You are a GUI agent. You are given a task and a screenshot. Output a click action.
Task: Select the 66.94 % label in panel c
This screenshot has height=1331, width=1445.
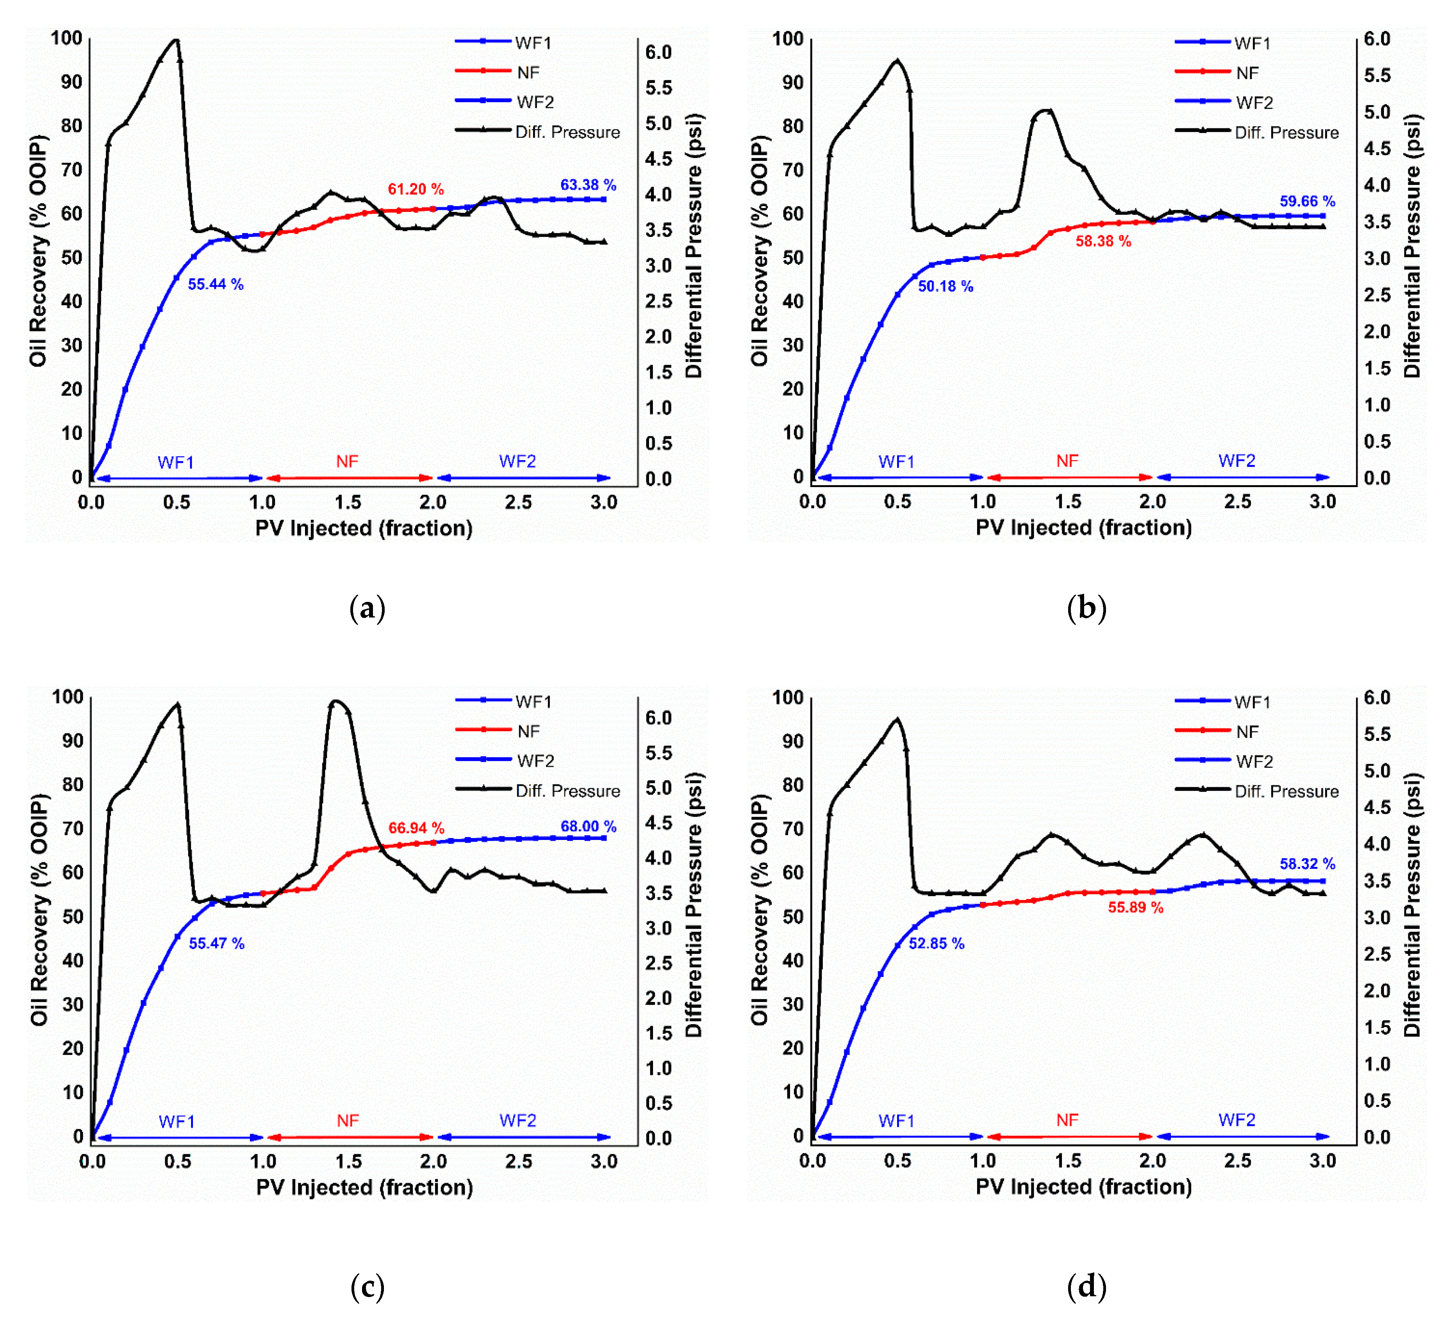(x=416, y=828)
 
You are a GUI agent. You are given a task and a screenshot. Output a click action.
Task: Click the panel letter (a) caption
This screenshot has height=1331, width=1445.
(x=367, y=609)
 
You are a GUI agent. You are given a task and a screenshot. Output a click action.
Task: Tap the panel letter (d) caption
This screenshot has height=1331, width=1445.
(x=1086, y=1287)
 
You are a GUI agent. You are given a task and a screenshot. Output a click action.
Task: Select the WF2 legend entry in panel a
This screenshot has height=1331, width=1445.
(x=535, y=102)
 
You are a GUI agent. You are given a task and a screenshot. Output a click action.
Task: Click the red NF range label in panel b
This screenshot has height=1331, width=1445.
(x=1067, y=461)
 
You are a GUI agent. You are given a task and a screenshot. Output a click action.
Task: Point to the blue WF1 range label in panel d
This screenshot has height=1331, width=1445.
(x=896, y=1121)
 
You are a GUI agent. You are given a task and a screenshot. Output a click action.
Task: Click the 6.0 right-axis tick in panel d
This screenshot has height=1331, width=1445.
(x=1377, y=697)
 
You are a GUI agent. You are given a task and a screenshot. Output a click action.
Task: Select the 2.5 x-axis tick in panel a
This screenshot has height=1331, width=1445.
(x=518, y=502)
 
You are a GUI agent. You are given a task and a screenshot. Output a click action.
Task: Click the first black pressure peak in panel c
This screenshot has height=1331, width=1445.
(x=178, y=705)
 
